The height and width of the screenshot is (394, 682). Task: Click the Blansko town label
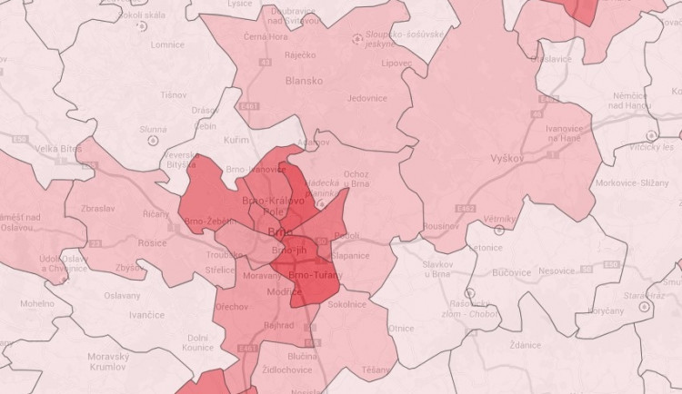point(304,81)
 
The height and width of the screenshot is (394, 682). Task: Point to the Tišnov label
point(173,94)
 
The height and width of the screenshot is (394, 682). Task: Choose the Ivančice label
point(146,315)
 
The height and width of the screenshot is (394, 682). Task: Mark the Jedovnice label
point(366,98)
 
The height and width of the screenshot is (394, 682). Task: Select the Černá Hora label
point(265,37)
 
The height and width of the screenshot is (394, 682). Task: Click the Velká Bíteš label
point(57,148)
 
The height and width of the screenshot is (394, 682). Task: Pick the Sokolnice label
point(346,304)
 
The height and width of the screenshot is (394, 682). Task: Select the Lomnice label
point(167,44)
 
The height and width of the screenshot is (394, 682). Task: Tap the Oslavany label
point(121,296)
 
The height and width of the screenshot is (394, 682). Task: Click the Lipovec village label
point(396,64)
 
